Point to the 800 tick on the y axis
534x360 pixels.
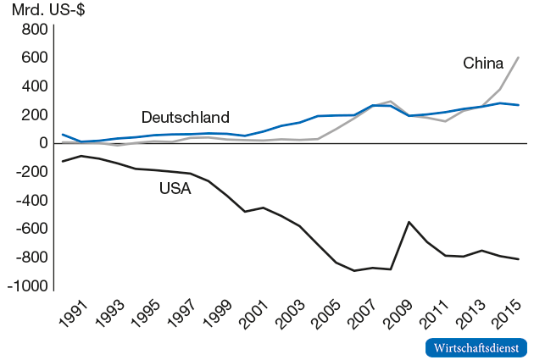pyautogui.click(x=31, y=29)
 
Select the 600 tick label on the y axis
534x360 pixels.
pyautogui.click(x=31, y=58)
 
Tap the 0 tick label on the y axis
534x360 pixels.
pyautogui.click(x=39, y=143)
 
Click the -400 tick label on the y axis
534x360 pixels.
pyautogui.click(x=26, y=201)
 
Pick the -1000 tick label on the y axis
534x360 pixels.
pyautogui.click(x=23, y=286)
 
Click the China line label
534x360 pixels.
pyautogui.click(x=483, y=63)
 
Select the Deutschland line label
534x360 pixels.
pyautogui.click(x=185, y=117)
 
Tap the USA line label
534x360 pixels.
pyautogui.click(x=175, y=188)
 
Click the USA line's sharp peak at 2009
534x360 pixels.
pyautogui.click(x=409, y=222)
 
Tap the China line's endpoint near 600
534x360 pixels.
pyautogui.click(x=519, y=58)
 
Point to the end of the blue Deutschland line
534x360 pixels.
pyautogui.click(x=519, y=105)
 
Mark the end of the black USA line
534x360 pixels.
pyautogui.click(x=519, y=259)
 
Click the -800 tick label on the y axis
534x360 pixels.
pyautogui.click(x=26, y=258)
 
